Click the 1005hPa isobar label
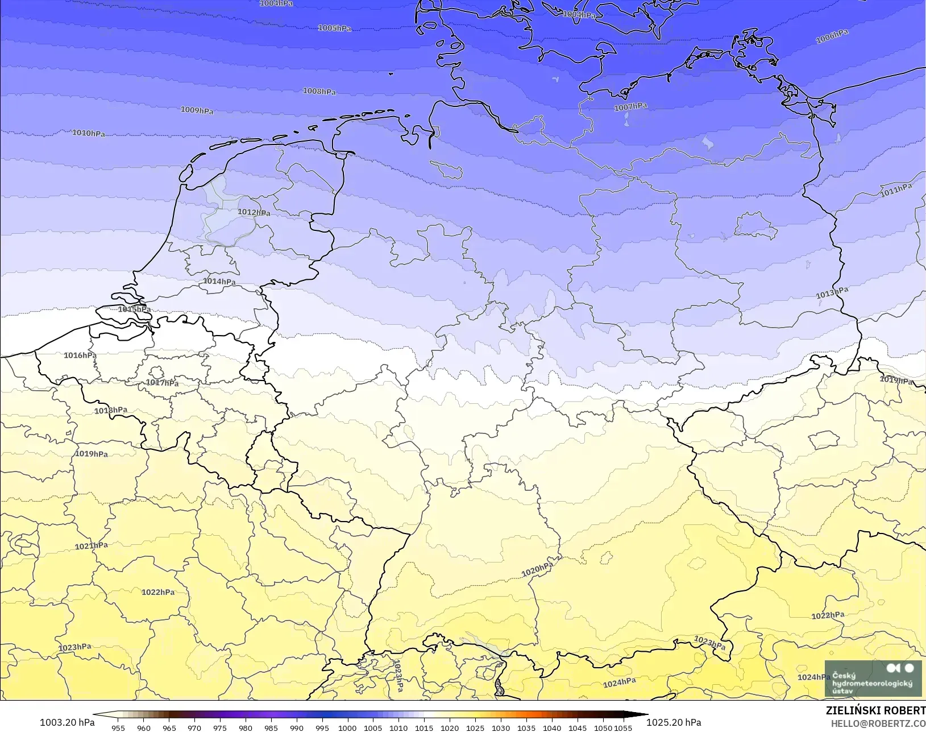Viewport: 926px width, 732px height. [334, 28]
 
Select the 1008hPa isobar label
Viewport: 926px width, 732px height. [319, 91]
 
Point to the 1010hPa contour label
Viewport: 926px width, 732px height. [89, 133]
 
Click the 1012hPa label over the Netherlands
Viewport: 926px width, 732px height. [254, 212]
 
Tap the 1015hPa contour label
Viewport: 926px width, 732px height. [134, 309]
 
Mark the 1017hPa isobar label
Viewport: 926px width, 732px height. [162, 383]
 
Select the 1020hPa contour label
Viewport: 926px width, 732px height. [537, 569]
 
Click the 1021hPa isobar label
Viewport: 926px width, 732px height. [92, 546]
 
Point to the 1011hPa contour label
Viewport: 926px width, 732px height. [896, 190]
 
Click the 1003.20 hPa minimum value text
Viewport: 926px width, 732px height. [67, 722]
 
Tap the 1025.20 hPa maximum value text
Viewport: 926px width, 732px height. [674, 722]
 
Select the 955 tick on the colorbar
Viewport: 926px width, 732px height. [118, 728]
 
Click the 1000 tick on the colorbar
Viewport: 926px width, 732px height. [347, 728]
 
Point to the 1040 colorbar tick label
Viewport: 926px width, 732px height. [551, 728]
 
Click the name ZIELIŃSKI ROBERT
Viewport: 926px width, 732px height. [875, 711]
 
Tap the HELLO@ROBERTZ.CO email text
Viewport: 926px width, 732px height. [878, 723]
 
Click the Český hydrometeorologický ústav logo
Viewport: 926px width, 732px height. [873, 679]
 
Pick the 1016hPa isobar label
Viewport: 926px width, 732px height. [80, 355]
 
